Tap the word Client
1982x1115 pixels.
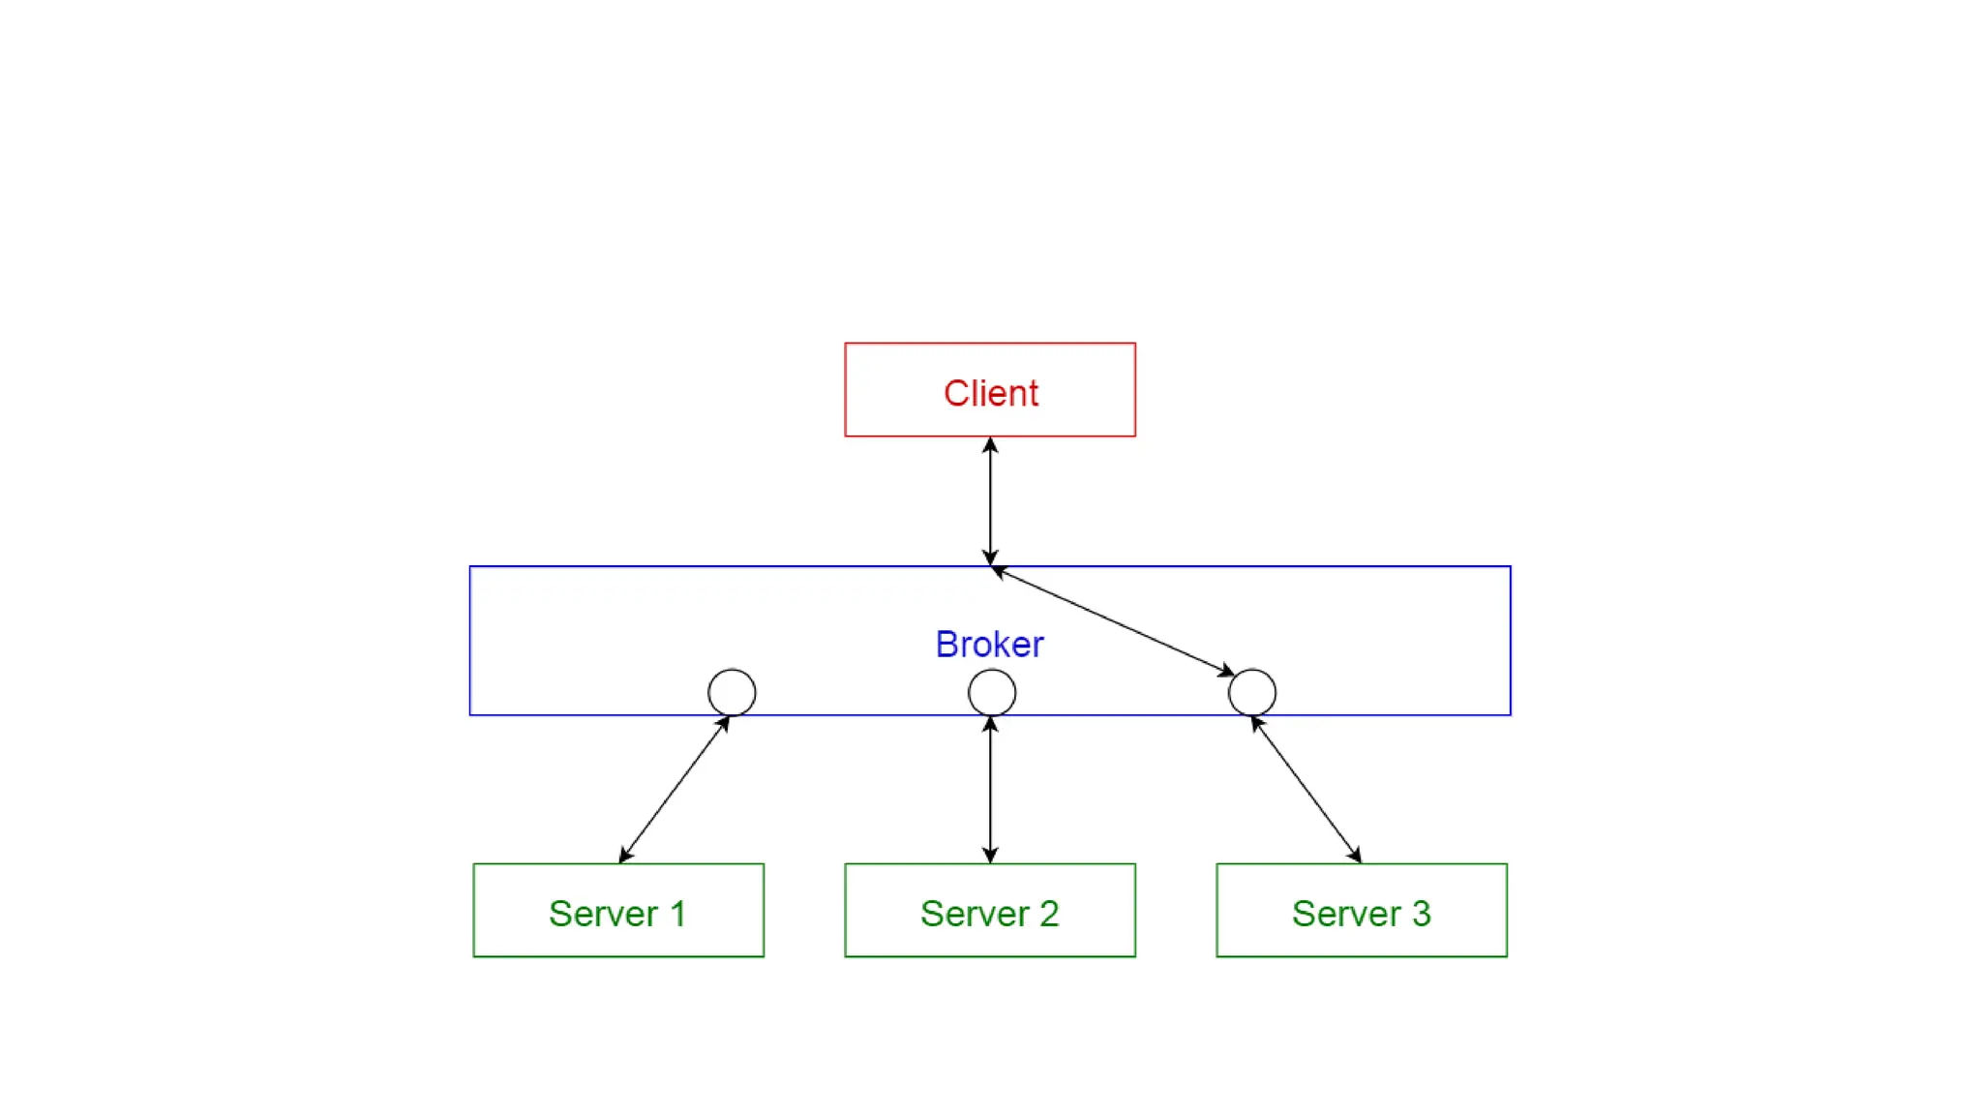pos(991,393)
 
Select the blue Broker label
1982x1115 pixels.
pos(989,645)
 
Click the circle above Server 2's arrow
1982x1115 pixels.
pos(992,670)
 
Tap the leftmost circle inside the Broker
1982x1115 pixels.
pos(732,670)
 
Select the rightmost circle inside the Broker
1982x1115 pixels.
pos(1252,670)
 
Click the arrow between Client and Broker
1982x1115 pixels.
pos(990,501)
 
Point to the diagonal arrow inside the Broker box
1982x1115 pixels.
pos(1113,620)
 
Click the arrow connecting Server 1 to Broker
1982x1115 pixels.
pos(675,789)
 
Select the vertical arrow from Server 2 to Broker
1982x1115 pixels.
pos(990,790)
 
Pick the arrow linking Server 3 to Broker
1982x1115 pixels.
pos(1306,790)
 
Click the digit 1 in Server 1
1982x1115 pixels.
pos(677,914)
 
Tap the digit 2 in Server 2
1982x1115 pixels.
pos(1049,914)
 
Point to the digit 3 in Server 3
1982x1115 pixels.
pos(1421,914)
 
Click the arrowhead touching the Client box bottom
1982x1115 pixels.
pos(990,445)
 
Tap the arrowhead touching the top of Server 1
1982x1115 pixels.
pos(625,855)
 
